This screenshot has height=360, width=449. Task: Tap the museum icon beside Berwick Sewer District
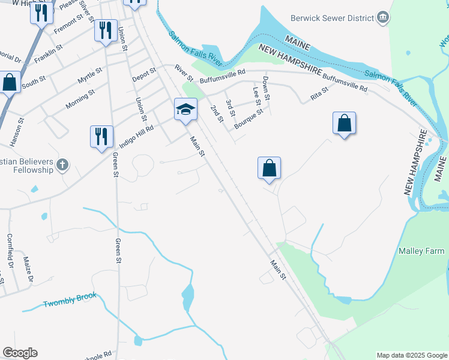click(x=382, y=19)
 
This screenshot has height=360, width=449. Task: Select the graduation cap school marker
click(x=185, y=109)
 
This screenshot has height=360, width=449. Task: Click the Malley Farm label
click(x=421, y=251)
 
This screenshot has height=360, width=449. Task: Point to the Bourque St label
click(x=249, y=116)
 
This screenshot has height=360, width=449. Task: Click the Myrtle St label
click(x=90, y=76)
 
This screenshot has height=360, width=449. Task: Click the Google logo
click(x=20, y=353)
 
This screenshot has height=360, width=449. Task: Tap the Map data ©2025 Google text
click(x=411, y=355)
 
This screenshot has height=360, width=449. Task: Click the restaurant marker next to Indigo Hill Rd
click(x=101, y=136)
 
